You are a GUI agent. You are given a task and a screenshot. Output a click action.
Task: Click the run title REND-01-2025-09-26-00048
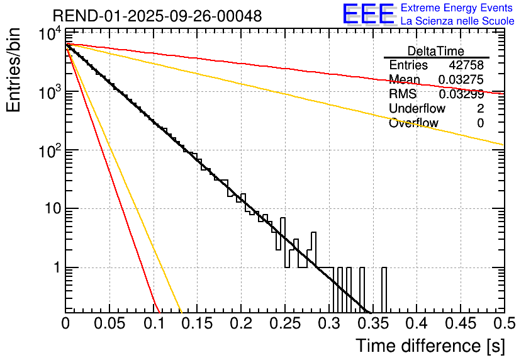(x=157, y=16)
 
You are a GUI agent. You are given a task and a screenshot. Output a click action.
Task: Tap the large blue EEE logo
(x=368, y=14)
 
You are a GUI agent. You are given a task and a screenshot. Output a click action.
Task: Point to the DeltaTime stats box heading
(x=436, y=51)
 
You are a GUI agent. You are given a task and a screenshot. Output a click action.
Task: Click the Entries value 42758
(x=466, y=65)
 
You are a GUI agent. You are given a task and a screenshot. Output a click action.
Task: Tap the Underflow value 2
(x=480, y=109)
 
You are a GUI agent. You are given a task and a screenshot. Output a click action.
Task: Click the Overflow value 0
(x=480, y=123)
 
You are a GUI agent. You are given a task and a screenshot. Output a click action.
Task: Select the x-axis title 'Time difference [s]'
(x=430, y=346)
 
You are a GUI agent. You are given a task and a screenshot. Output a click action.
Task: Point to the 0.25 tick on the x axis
(x=284, y=323)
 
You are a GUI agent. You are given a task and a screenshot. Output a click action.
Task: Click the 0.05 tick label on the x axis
(x=109, y=323)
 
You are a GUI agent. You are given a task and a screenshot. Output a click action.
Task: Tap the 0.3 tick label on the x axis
(x=328, y=323)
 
